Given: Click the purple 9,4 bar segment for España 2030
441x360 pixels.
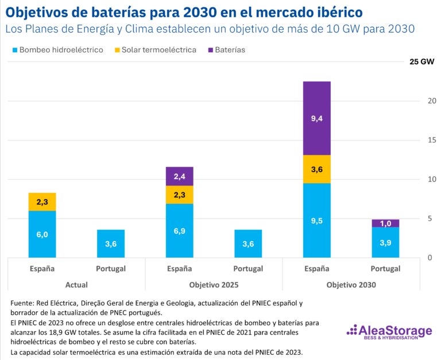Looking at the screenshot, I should coord(316,118).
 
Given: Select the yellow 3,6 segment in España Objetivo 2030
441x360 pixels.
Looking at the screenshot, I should coord(316,169).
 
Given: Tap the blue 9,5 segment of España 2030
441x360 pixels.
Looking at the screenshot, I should coord(316,220).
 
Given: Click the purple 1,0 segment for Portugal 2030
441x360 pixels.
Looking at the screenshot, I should coord(385,223).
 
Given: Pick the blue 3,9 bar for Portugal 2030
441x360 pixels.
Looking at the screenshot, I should coord(385,242).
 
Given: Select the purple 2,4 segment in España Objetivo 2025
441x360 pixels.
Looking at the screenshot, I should coord(179,176).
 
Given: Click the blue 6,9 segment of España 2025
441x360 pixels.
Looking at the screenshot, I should coord(179,231).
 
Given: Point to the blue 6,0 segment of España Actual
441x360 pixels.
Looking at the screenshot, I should coord(42,234).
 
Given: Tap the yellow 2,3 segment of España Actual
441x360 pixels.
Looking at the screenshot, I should coord(42,202).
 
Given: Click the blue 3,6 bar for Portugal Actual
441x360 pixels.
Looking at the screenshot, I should coord(111,243).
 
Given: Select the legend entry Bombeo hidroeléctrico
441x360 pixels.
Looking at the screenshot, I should coord(56,50).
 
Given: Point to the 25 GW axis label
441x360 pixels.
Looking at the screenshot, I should coord(421,61).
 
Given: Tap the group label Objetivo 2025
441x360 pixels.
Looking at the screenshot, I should coord(213,285).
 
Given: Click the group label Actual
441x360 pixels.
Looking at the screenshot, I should coord(76,285).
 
